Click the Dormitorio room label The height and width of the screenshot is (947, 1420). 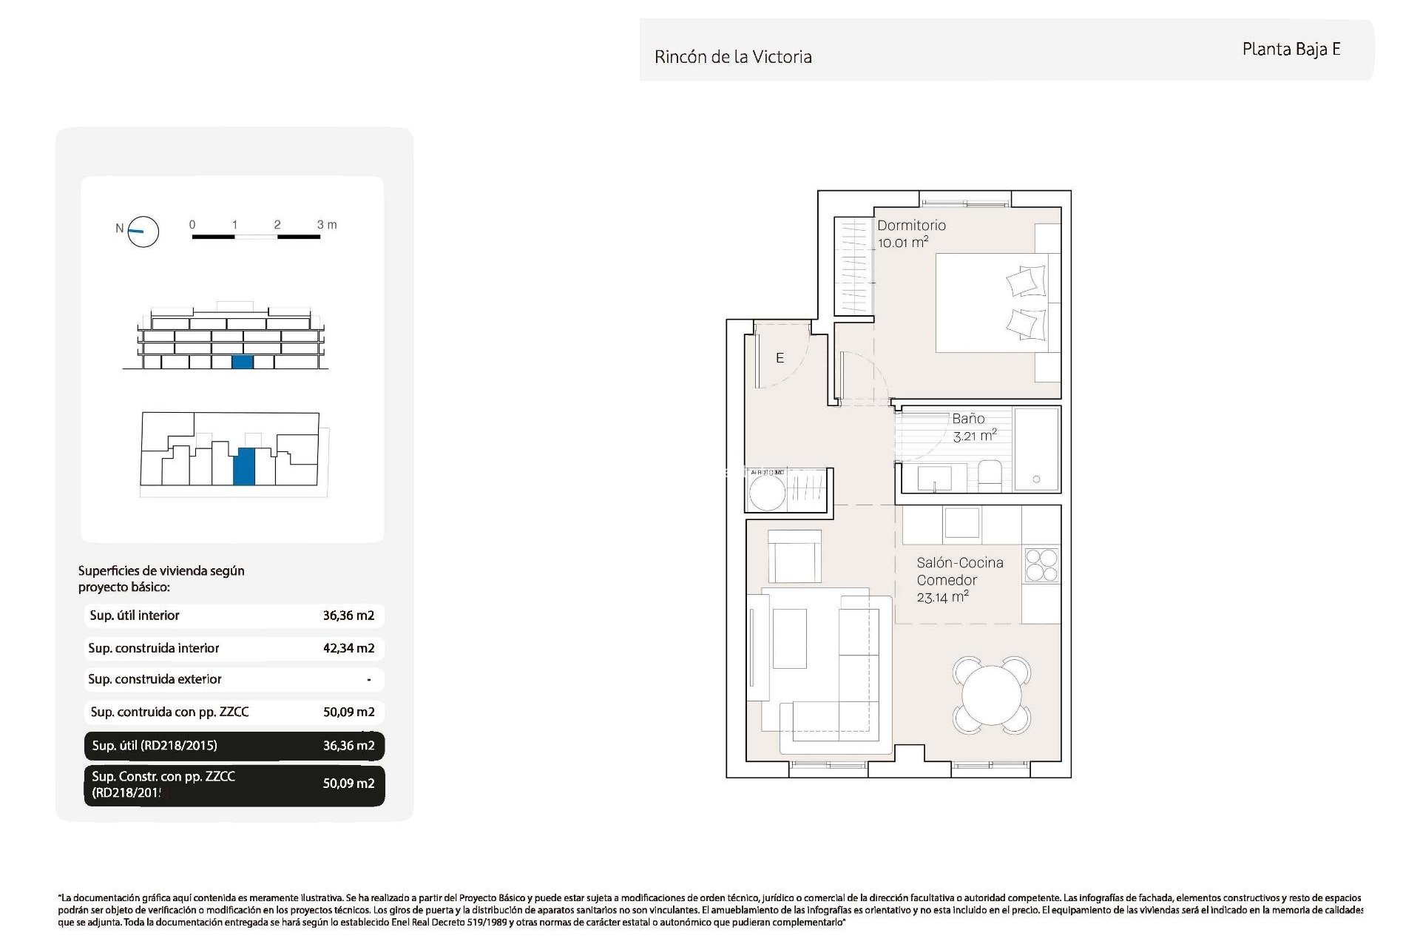911,225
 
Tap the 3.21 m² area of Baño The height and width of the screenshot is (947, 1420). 974,436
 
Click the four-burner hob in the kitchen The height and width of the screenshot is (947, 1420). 1041,565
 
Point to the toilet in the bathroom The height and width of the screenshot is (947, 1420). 990,475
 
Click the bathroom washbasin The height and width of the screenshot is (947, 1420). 935,478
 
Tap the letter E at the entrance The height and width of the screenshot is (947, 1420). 780,358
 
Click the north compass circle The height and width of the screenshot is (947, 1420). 143,232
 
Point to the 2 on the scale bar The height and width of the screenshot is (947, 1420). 277,224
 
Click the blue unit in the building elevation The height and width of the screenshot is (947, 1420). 242,362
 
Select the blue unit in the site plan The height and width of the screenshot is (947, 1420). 244,466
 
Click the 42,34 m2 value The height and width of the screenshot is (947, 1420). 348,648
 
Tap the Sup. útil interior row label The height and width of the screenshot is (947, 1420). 135,616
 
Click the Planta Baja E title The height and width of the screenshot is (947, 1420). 1291,49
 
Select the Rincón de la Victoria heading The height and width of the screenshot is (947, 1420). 733,57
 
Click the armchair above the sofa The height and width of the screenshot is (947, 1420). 794,556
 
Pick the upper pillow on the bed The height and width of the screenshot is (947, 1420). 1027,281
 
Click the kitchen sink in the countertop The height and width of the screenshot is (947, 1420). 961,522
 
